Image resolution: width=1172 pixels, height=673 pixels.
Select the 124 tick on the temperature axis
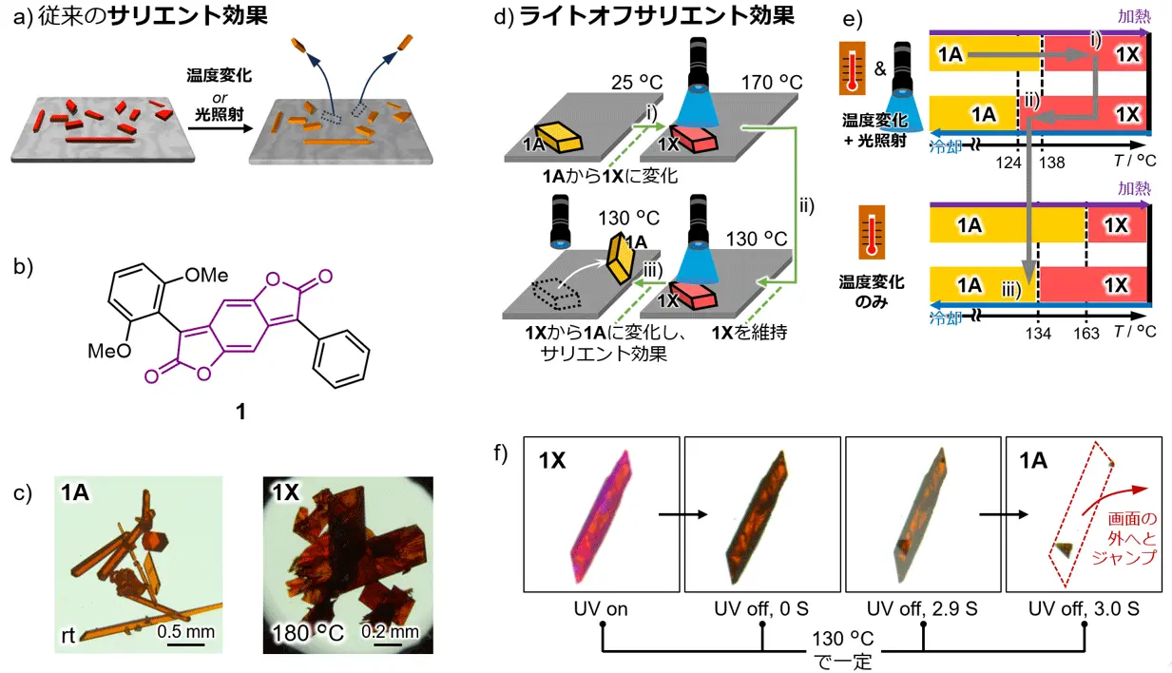click(x=1016, y=163)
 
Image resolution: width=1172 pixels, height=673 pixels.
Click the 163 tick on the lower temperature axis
click(x=1086, y=333)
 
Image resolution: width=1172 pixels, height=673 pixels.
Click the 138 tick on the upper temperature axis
click(x=1052, y=163)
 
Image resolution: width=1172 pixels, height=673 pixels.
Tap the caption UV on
click(x=602, y=606)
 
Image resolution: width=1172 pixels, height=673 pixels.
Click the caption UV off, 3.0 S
click(x=1083, y=606)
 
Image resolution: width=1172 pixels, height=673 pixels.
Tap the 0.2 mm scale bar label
click(x=390, y=631)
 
